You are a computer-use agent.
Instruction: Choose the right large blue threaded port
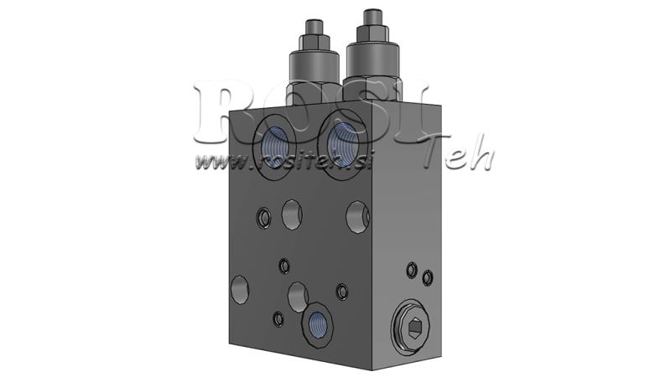coord(341,139)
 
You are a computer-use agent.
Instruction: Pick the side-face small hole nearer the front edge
coord(411,270)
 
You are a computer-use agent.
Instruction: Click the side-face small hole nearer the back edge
coord(428,276)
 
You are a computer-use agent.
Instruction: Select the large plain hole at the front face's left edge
coord(240,290)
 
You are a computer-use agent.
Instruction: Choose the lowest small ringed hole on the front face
coord(278,318)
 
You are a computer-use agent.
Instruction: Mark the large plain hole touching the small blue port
coord(297,295)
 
